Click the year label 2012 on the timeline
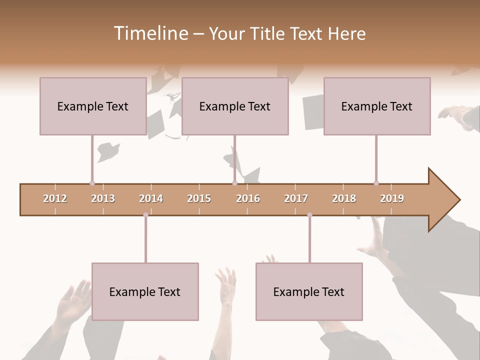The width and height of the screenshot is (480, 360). [x=55, y=198]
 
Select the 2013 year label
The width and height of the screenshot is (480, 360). [x=103, y=198]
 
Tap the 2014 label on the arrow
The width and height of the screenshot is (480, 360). [x=151, y=198]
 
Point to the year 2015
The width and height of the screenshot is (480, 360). [x=199, y=198]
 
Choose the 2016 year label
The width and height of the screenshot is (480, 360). [x=248, y=198]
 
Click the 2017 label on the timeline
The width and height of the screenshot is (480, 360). [x=296, y=198]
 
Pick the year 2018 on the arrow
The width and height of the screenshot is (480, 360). [x=344, y=198]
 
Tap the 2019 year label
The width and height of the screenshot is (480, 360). [x=392, y=198]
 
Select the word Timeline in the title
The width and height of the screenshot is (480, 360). [x=149, y=33]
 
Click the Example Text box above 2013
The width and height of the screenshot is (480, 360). [x=93, y=106]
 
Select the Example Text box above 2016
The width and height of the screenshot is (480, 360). [x=235, y=106]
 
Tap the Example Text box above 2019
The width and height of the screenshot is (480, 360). [x=377, y=106]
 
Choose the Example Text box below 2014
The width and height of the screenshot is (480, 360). [x=145, y=291]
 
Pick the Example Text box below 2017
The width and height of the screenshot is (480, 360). [x=309, y=291]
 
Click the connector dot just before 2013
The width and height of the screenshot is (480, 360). [x=92, y=183]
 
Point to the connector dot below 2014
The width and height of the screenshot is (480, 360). [x=145, y=215]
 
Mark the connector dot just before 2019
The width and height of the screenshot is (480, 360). [x=376, y=183]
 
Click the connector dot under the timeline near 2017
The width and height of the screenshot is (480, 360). [x=309, y=215]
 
